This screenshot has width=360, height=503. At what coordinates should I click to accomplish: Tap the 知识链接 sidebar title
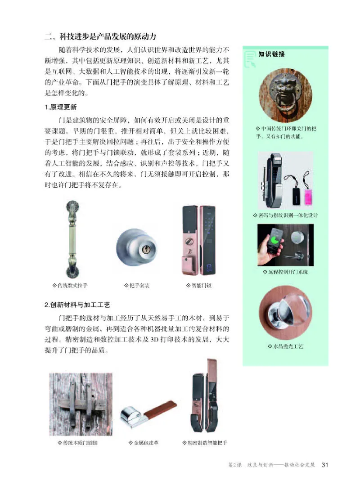tap(272, 54)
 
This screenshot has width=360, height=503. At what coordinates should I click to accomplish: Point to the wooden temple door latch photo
tap(81, 404)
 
